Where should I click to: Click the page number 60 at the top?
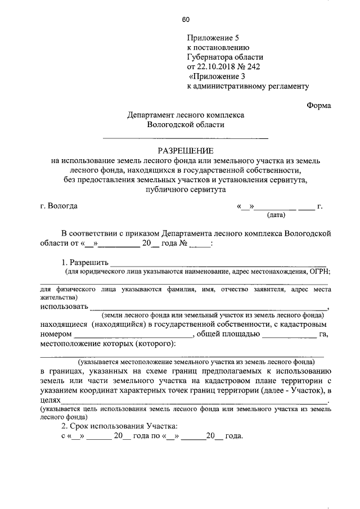[186, 21]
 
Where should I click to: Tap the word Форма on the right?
[319, 105]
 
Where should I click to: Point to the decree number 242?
[253, 66]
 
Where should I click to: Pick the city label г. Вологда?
[59, 205]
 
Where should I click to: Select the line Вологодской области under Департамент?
[185, 124]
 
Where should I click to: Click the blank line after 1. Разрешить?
[218, 263]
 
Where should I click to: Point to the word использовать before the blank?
[64, 307]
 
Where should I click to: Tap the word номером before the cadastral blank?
[57, 334]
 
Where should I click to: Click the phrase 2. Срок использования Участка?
[119, 426]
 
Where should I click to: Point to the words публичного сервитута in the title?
[185, 190]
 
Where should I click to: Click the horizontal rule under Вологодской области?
[185, 138]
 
